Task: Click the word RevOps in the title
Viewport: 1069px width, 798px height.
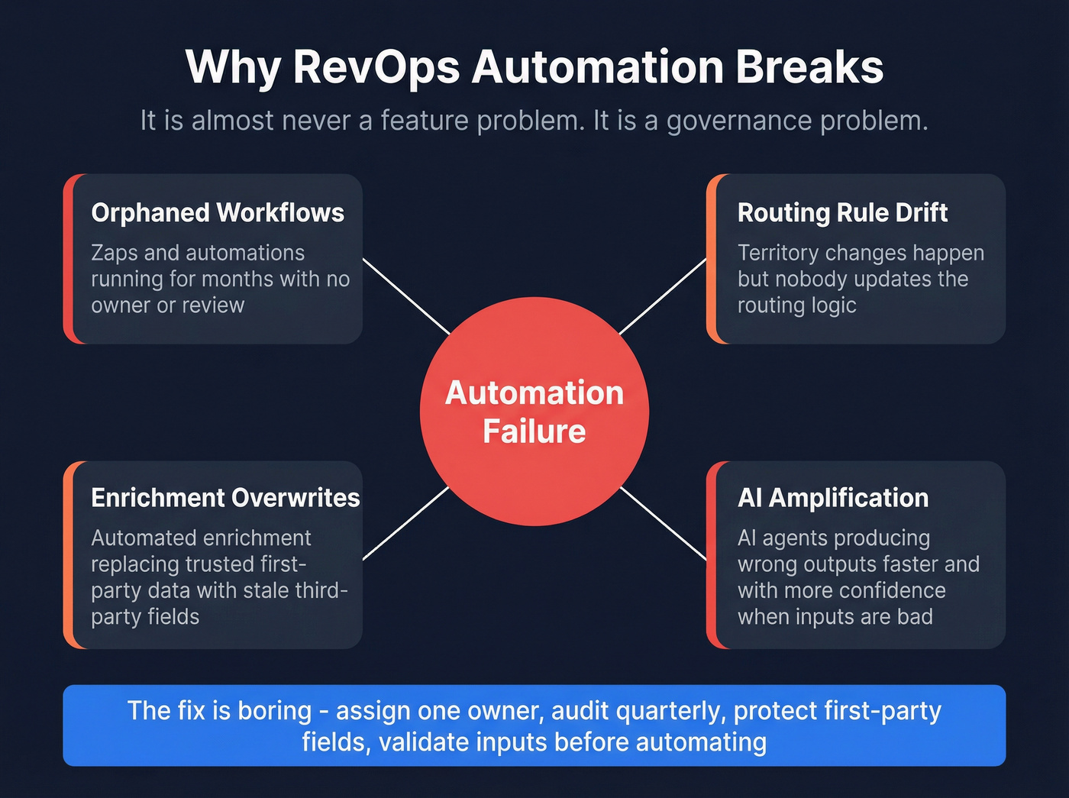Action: (376, 67)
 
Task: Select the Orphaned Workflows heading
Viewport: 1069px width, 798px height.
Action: (218, 212)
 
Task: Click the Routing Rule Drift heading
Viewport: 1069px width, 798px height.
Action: (842, 212)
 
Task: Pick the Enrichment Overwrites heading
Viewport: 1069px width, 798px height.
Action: (225, 498)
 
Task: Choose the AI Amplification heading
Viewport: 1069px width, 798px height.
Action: (833, 498)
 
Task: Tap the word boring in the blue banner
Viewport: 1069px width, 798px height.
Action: (275, 711)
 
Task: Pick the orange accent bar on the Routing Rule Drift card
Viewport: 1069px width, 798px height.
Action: (712, 259)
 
